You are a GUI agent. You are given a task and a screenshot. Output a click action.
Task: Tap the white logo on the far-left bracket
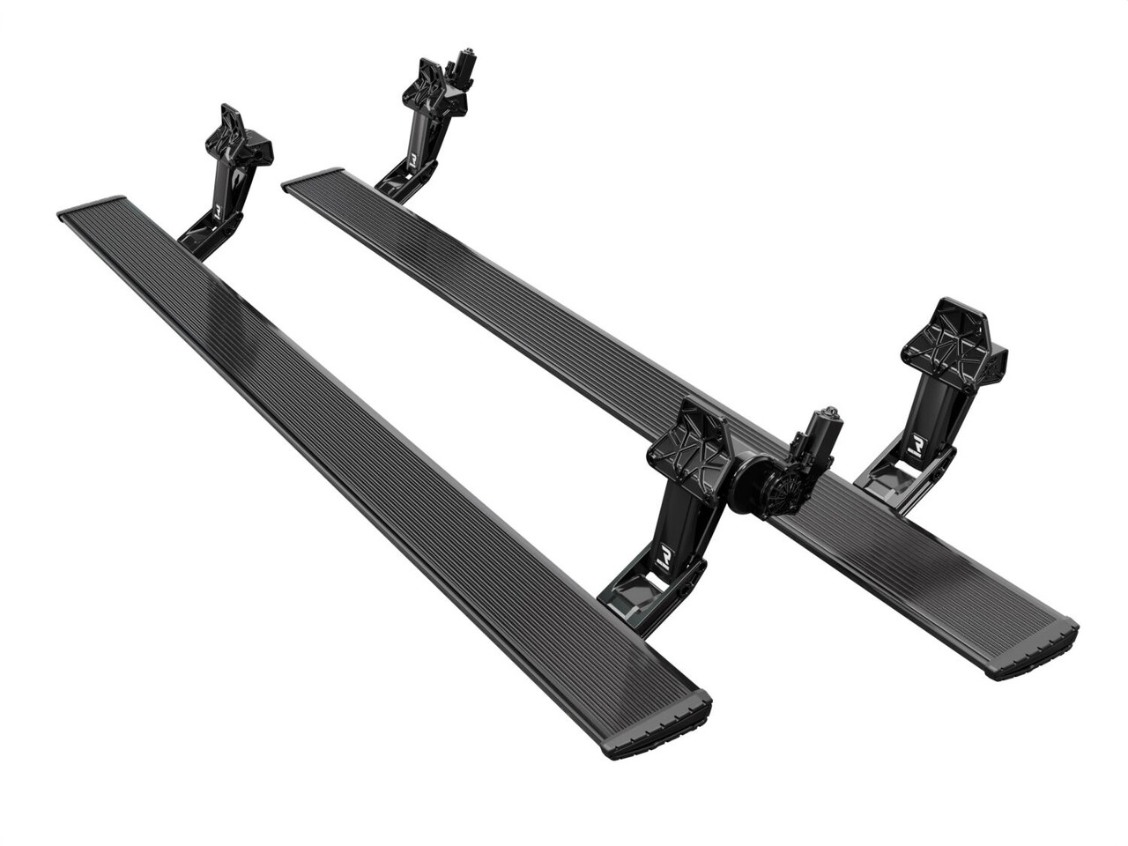[x=218, y=211]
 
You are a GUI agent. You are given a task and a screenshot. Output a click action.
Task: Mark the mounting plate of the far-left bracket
[x=234, y=137]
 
